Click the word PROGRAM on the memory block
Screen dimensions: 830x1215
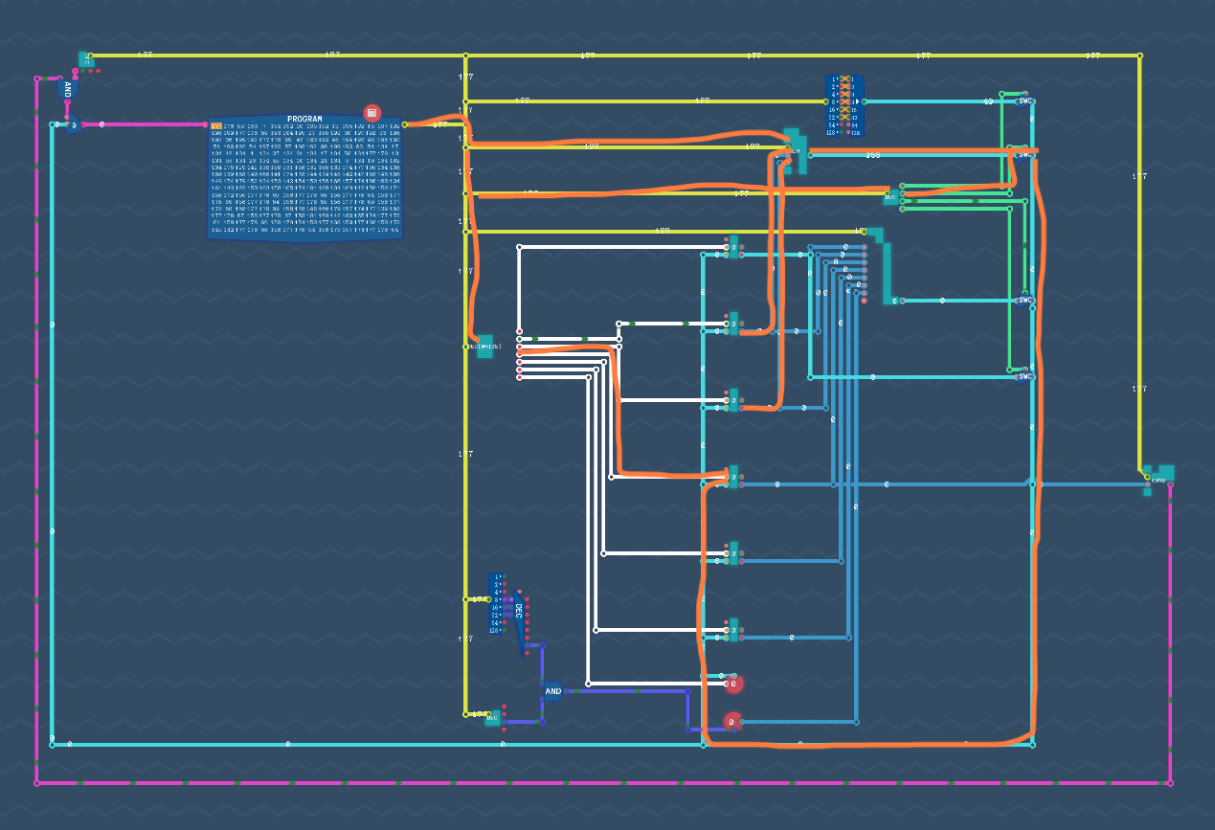click(304, 120)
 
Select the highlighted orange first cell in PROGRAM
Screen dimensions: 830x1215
click(216, 126)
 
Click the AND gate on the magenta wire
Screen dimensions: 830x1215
click(67, 90)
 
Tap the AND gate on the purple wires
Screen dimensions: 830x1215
click(552, 690)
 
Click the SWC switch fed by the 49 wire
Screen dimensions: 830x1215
click(1024, 101)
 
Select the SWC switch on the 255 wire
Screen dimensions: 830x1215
click(1024, 154)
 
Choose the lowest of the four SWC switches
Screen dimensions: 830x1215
click(1024, 376)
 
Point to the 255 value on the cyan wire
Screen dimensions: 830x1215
click(872, 155)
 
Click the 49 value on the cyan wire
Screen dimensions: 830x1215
click(988, 101)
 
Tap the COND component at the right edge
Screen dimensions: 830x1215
click(1159, 477)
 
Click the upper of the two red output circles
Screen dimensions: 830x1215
click(733, 684)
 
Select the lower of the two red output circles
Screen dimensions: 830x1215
click(731, 721)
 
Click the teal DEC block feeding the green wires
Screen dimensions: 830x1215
click(890, 196)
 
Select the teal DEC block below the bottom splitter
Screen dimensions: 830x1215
click(492, 717)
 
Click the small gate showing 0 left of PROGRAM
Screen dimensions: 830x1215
click(71, 125)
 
